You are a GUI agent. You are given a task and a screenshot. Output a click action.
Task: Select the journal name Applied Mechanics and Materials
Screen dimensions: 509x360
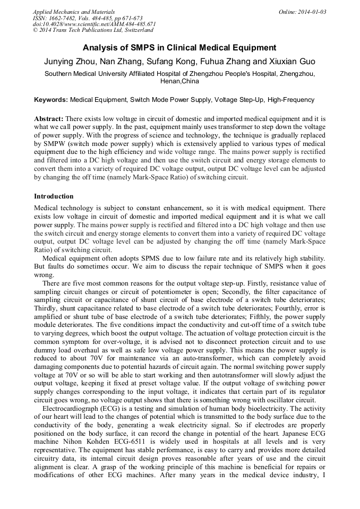pos(67,12)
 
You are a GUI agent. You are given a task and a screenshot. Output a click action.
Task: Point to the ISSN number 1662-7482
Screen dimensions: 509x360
pos(62,18)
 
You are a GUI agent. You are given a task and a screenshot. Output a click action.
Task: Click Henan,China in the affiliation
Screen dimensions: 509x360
pos(179,82)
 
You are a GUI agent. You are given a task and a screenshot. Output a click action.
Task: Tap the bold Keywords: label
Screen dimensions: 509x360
pos(51,100)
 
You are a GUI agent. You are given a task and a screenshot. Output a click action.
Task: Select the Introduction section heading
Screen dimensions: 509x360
pos(54,196)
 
